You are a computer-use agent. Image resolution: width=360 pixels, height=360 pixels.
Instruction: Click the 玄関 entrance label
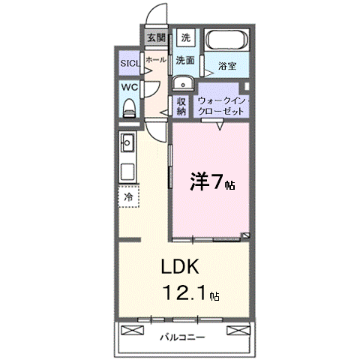click(155, 37)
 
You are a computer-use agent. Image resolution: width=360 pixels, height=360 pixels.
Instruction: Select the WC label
click(129, 88)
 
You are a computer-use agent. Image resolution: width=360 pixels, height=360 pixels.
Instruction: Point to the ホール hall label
click(156, 59)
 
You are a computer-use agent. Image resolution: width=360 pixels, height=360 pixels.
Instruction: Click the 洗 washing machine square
click(186, 37)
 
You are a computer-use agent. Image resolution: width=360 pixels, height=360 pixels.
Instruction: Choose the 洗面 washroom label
click(186, 61)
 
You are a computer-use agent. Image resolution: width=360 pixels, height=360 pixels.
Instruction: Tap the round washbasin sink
click(183, 84)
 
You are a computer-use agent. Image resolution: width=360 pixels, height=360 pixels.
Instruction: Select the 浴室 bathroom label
click(227, 67)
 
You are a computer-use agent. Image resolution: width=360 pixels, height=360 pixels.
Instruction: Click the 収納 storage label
click(181, 106)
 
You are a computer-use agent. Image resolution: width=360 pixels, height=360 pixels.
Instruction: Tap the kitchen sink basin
click(127, 140)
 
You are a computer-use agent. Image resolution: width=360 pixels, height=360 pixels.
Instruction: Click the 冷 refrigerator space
click(128, 196)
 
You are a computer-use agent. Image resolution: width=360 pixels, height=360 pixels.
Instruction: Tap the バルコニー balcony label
click(182, 337)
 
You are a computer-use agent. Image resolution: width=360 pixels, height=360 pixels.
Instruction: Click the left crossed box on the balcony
click(131, 331)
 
